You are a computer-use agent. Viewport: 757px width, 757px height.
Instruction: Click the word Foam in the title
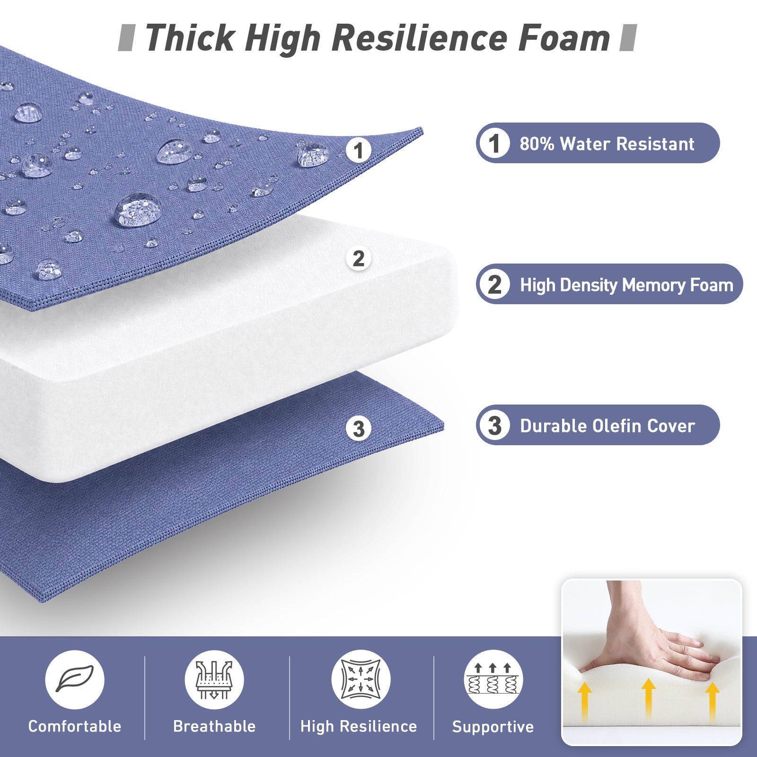coord(564,38)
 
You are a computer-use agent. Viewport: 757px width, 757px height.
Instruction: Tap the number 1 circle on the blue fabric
coord(359,150)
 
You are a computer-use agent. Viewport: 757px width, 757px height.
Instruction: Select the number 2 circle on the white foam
coord(359,258)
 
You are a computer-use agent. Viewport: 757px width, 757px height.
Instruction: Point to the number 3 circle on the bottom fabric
coord(359,429)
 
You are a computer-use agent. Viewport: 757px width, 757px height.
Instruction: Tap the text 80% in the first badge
coord(537,144)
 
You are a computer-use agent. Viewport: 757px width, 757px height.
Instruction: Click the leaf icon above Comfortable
coord(75,679)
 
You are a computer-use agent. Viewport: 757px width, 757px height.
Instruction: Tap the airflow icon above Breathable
coord(214,679)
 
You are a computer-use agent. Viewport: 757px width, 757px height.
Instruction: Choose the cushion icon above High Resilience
coord(361,679)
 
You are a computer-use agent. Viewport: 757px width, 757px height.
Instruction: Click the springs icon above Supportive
coord(493,679)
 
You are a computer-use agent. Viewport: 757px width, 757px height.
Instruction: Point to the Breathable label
coord(214,726)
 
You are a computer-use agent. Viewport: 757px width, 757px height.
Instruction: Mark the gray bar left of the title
coord(126,38)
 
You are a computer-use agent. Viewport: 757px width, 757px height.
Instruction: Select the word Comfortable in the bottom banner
coord(75,726)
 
